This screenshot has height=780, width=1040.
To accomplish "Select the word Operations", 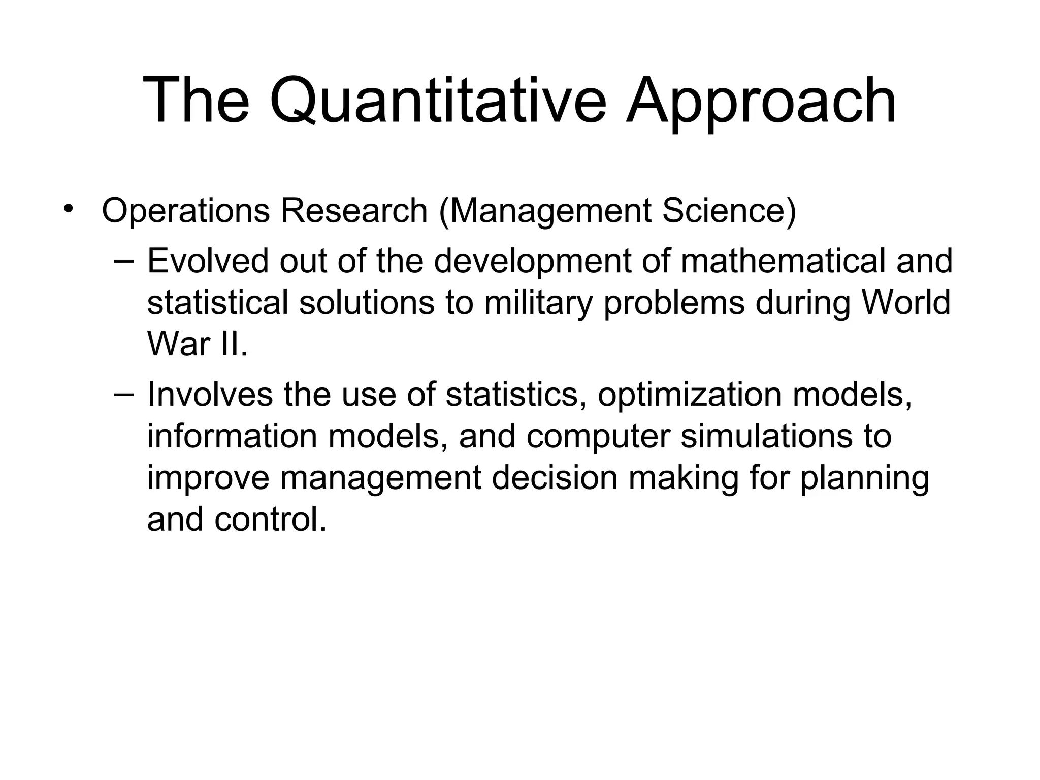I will point(186,211).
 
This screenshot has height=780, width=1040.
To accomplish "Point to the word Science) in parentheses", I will point(729,211).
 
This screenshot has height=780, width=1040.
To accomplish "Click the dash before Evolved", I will point(124,261).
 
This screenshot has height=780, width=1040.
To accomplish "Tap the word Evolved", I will point(208,261).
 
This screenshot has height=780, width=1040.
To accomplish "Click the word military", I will point(538,303).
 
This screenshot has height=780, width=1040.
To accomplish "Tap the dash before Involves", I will point(124,394).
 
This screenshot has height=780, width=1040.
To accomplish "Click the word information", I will point(232,436).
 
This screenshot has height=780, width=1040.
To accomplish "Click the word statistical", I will point(217,303).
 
